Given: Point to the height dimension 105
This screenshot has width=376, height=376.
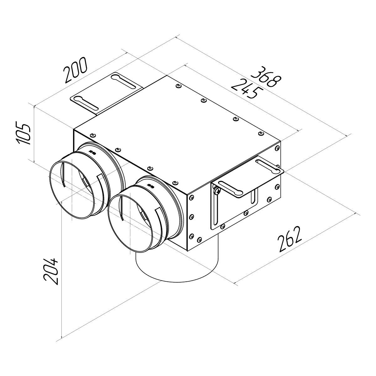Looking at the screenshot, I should point(24,134).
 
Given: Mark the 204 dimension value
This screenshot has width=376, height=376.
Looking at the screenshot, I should point(51,271).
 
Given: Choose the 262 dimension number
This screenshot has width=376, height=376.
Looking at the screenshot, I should point(290,239).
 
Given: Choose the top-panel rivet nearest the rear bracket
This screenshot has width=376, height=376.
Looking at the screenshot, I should point(178,86).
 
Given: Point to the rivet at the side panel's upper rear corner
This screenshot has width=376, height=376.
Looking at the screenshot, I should point(277,148).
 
